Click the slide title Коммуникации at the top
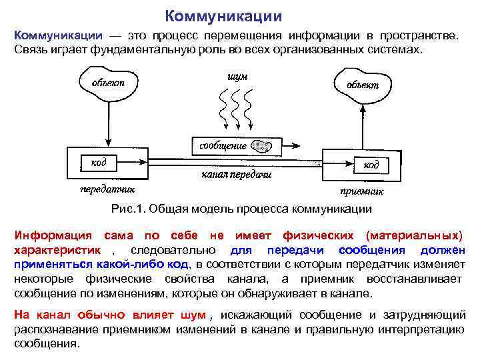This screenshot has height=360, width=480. tap(223, 15)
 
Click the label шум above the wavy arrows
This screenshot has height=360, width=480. tap(238, 77)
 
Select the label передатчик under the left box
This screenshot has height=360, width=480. tap(102, 189)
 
